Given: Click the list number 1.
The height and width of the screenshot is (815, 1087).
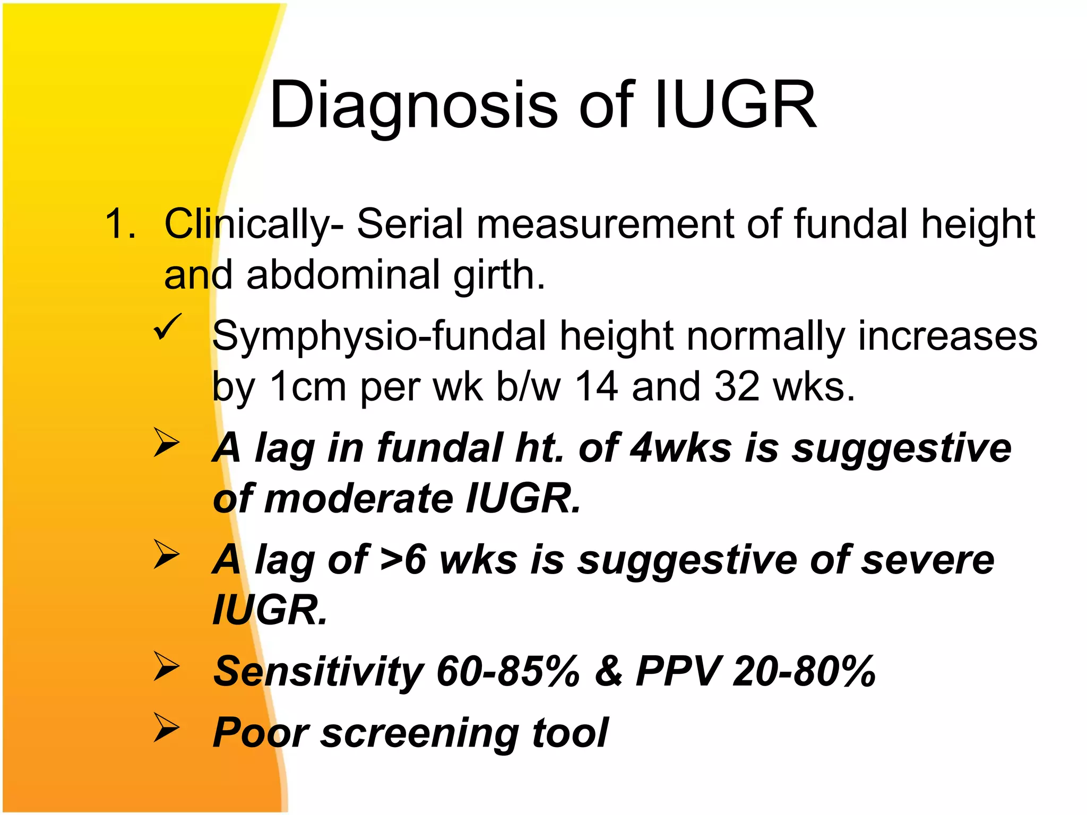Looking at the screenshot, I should click(x=120, y=224).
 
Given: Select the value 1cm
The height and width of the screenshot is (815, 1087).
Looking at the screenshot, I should click(x=308, y=386).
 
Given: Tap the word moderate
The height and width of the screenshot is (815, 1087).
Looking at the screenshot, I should click(x=358, y=499).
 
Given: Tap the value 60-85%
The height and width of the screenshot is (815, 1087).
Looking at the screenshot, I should click(x=508, y=671).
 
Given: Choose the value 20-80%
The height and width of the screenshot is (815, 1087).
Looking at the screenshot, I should click(x=804, y=671).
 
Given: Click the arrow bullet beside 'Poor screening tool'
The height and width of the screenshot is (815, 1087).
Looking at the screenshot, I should click(x=167, y=727).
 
